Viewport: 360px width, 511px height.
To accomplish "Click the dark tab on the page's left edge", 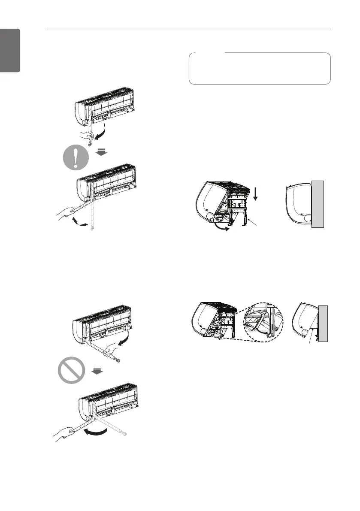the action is coord(10,51).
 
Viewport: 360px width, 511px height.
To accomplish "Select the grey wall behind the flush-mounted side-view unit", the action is coord(317,203).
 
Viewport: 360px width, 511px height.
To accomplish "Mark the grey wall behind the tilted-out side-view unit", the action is coord(323,323).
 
